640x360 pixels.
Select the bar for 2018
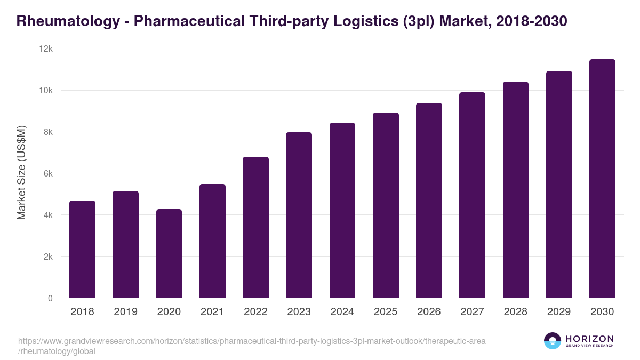pyautogui.click(x=82, y=249)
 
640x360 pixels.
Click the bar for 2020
pyautogui.click(x=169, y=253)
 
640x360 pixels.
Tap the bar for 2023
pyautogui.click(x=299, y=215)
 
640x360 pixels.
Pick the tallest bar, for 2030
pyautogui.click(x=602, y=179)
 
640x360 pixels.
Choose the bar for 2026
pyautogui.click(x=429, y=201)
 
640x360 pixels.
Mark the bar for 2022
pyautogui.click(x=255, y=227)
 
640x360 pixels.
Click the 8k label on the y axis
pyautogui.click(x=47, y=132)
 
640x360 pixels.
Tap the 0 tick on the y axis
pyautogui.click(x=50, y=298)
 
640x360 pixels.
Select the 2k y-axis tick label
pyautogui.click(x=47, y=257)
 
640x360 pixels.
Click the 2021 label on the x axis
pyautogui.click(x=212, y=312)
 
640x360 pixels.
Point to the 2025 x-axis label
pyautogui.click(x=386, y=312)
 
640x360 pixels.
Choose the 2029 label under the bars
pyautogui.click(x=559, y=312)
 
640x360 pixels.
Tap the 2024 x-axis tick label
pyautogui.click(x=342, y=312)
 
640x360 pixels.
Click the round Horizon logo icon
pyautogui.click(x=553, y=341)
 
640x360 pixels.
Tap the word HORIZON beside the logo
pyautogui.click(x=589, y=338)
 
